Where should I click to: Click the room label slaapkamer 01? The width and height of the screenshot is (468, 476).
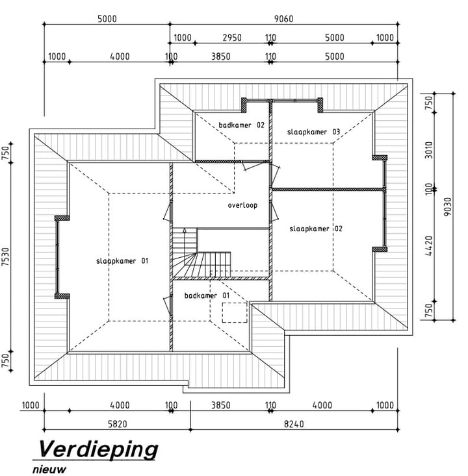coord(122,261)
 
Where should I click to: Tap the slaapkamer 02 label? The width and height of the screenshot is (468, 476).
coord(316,229)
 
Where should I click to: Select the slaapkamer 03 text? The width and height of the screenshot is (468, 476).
coord(313,132)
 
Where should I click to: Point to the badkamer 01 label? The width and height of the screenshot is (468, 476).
coord(207,295)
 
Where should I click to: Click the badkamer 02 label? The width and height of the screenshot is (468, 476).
coord(242,125)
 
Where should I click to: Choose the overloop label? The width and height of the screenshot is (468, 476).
coord(242,205)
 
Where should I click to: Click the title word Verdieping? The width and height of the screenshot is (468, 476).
coord(98,450)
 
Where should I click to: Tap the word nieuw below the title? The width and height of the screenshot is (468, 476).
coord(49,469)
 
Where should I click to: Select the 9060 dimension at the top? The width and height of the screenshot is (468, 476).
coord(284,19)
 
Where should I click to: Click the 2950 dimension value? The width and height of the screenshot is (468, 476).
coord(232,38)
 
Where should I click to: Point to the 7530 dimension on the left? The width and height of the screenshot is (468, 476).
coord(6,257)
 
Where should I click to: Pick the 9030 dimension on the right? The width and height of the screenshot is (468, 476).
coord(448,207)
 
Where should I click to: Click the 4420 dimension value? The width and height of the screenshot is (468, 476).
coord(429,245)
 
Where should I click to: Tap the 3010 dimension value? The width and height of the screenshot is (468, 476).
coord(429,150)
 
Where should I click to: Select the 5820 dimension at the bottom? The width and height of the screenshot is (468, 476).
coord(118,424)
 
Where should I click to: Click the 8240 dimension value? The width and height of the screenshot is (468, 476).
coord(294,424)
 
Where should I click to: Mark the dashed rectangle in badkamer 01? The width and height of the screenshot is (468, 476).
coord(234,312)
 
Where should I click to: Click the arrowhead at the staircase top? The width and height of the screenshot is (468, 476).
coord(184,231)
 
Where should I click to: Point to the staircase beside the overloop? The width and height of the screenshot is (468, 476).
coord(201,253)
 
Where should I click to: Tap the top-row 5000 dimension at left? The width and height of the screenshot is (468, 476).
coord(107,19)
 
